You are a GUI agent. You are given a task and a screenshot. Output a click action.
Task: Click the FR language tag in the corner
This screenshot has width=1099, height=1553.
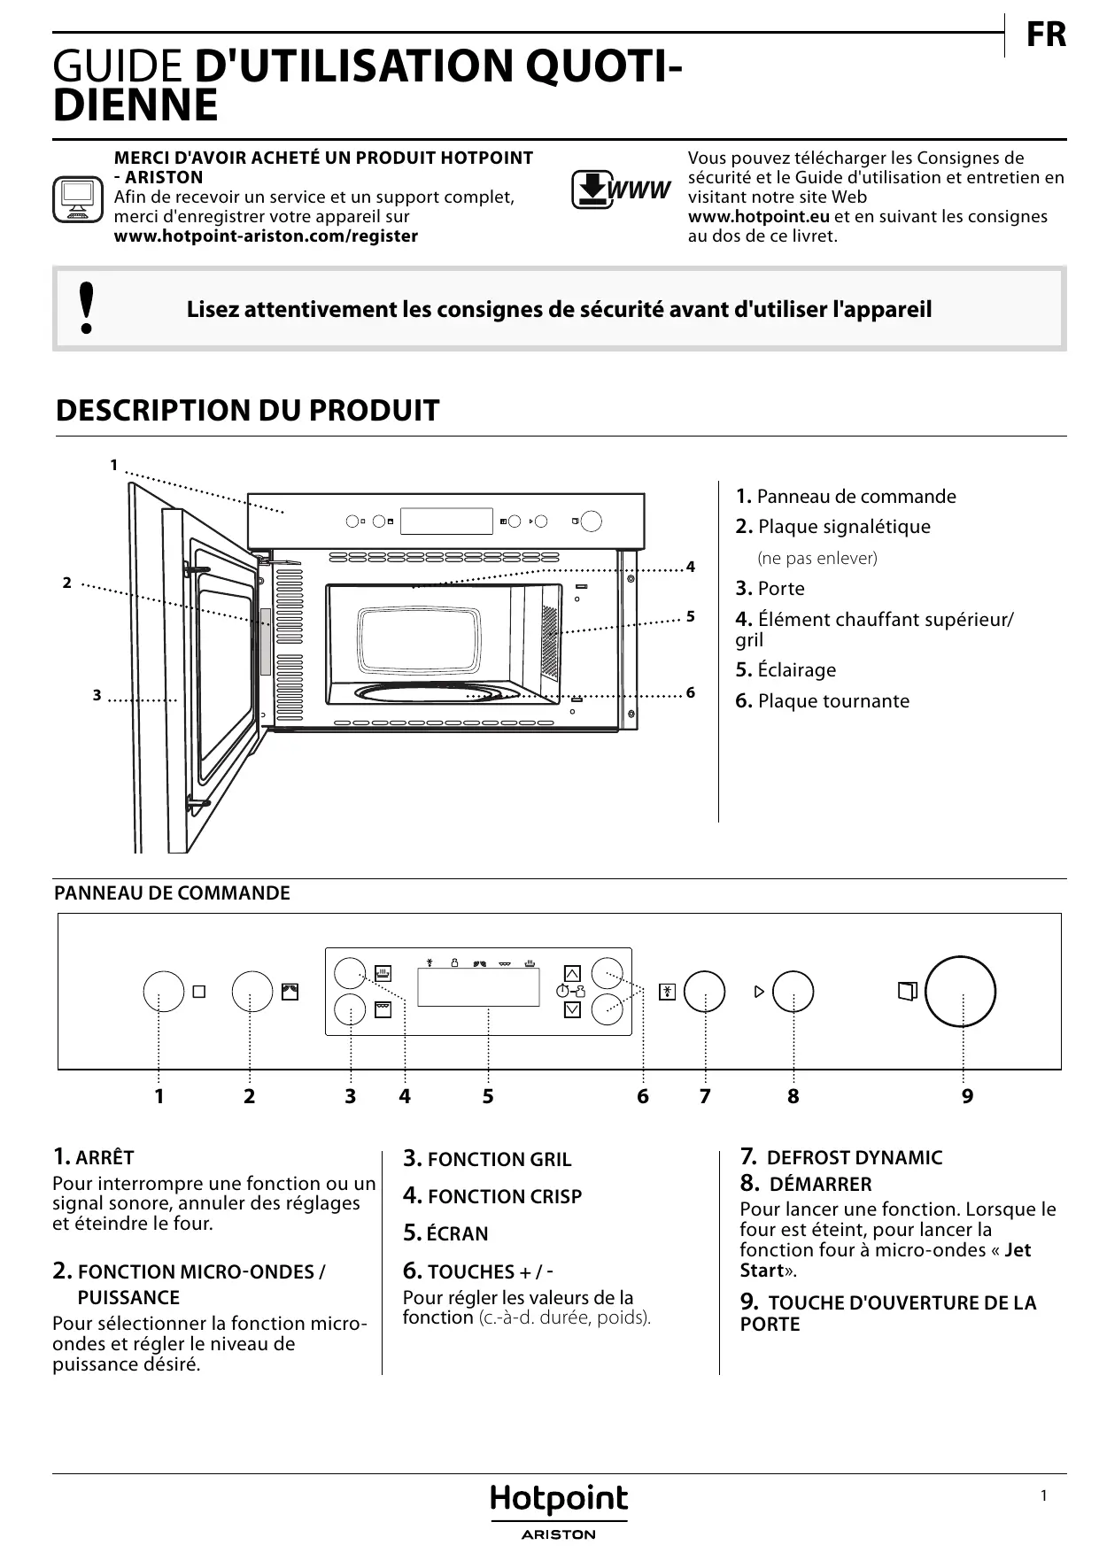[x=1046, y=35]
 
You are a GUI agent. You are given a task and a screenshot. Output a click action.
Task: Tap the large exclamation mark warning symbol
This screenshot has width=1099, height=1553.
[x=86, y=308]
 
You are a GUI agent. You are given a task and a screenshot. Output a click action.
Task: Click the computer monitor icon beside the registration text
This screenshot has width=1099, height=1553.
[x=78, y=199]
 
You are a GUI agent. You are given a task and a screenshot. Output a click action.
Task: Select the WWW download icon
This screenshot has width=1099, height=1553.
[x=620, y=189]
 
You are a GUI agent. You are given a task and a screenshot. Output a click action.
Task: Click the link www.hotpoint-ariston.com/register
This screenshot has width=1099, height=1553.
[x=266, y=236]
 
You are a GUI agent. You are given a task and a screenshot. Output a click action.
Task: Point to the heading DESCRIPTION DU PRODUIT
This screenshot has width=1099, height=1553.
[x=247, y=411]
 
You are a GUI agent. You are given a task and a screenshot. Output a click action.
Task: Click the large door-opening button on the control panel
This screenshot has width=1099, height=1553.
[x=960, y=992]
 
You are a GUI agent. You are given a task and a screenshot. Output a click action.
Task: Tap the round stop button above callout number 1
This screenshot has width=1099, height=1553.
[x=164, y=992]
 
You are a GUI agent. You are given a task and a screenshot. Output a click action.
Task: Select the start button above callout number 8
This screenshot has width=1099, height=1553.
[x=793, y=992]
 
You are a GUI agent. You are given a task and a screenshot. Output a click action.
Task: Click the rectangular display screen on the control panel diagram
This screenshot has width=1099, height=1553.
[x=478, y=986]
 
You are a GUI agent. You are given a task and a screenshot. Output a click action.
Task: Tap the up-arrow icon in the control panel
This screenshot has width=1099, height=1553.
[x=572, y=973]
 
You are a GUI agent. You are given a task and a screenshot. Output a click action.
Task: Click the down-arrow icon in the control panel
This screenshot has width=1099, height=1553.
[x=572, y=1009]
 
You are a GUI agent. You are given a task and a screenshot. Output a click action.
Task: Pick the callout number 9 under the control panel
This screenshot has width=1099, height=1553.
[x=967, y=1096]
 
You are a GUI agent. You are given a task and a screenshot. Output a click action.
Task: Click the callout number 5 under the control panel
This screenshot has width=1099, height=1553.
[x=488, y=1096]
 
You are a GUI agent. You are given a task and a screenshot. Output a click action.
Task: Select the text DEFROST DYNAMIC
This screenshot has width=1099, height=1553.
[x=854, y=1158]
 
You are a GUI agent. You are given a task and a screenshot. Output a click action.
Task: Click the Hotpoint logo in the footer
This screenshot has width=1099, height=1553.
[x=559, y=1500]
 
